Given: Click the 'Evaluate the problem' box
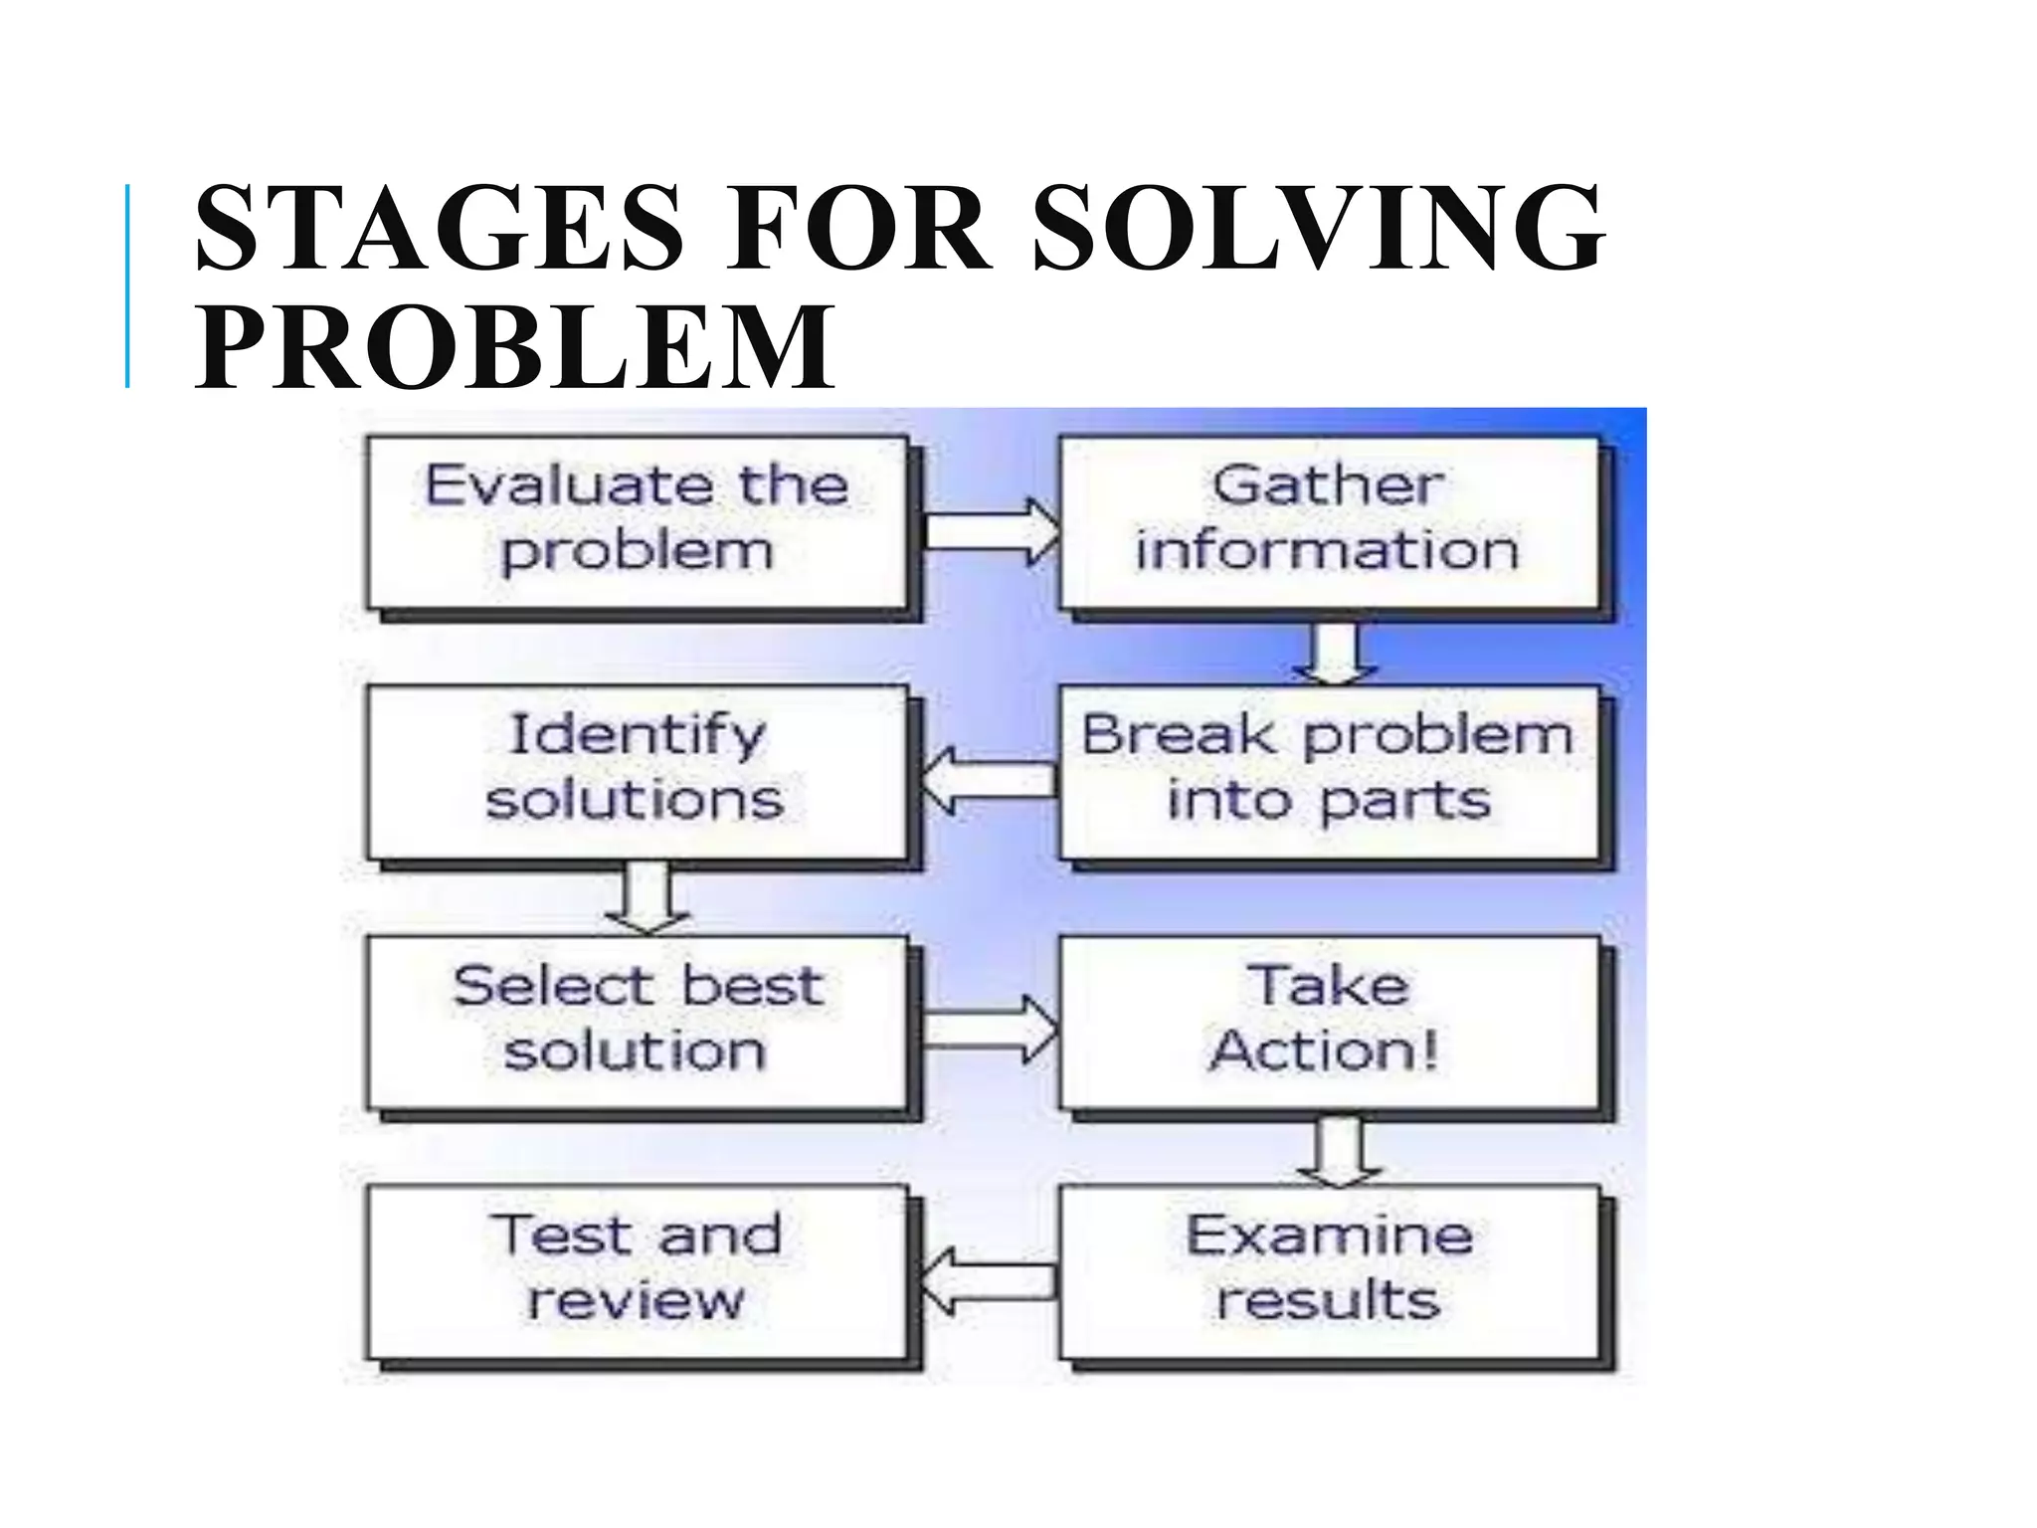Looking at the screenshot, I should (x=637, y=522).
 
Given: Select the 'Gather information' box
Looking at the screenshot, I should (x=1329, y=522).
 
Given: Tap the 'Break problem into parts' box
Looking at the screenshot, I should (x=1329, y=771).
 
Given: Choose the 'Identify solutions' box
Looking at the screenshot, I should (x=637, y=771).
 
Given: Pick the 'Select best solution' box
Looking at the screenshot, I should (x=637, y=1022).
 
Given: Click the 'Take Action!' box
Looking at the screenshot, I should (x=1329, y=1022).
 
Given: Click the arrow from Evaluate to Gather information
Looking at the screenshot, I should (x=991, y=531).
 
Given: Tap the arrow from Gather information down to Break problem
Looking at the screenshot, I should (x=1335, y=653).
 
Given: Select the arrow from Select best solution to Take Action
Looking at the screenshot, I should (x=991, y=1030).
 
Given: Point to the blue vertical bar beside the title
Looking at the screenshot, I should (x=127, y=286).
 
